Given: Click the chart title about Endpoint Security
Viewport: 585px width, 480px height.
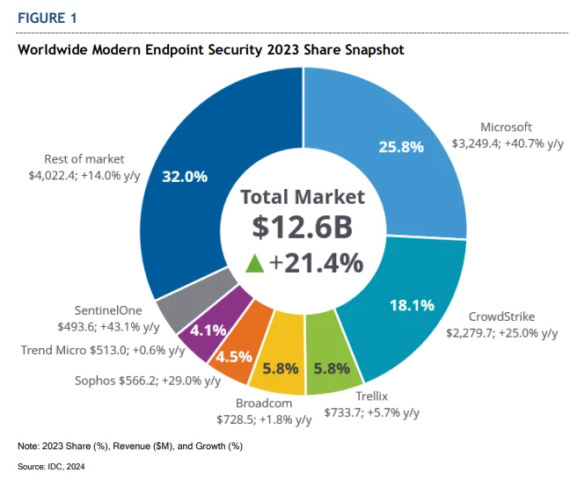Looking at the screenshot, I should tap(211, 50).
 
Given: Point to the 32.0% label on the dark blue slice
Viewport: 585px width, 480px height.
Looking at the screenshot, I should tap(185, 177).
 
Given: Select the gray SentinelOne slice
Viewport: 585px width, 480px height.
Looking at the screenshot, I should tap(184, 304).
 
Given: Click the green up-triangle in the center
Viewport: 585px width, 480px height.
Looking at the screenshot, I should tap(255, 262).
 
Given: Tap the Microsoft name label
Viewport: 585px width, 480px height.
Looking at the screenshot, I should tap(506, 127).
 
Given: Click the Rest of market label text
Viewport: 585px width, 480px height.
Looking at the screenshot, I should tap(84, 159).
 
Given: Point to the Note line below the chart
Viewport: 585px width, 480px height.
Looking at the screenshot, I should tap(130, 447).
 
